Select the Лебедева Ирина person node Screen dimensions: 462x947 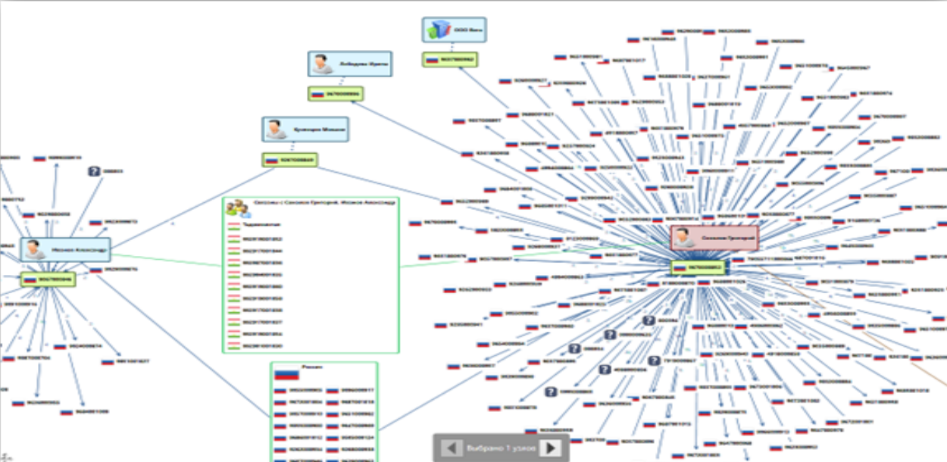[x=349, y=64]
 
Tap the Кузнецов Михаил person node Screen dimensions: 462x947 [x=305, y=130]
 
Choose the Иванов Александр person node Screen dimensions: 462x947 [x=65, y=249]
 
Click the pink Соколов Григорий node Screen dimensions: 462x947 [x=714, y=237]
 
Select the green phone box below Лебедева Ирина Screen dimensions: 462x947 [x=335, y=94]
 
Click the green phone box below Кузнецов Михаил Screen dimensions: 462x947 [x=289, y=160]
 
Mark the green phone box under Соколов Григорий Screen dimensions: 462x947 [x=698, y=267]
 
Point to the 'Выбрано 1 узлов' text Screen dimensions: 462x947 [x=501, y=448]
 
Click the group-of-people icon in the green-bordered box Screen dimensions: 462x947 [x=238, y=208]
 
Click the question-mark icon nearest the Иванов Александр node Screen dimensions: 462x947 [x=94, y=172]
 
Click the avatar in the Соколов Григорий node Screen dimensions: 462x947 [x=686, y=238]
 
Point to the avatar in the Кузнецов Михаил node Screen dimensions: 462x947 [x=276, y=130]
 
